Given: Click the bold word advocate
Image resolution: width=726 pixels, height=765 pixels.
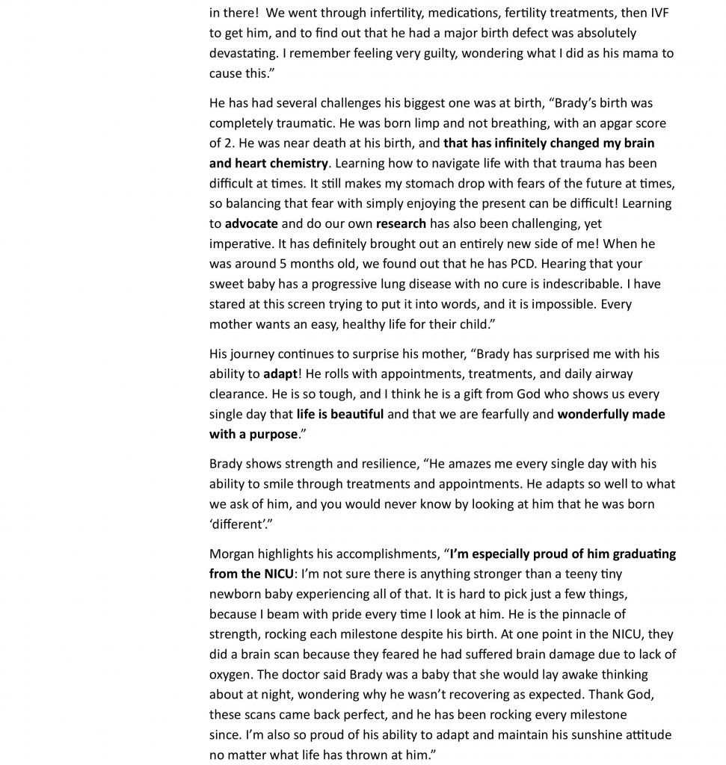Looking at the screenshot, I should [x=251, y=224].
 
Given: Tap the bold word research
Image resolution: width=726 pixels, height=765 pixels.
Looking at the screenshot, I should [x=401, y=224].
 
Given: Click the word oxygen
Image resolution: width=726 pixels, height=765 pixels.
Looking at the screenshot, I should [x=231, y=675].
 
